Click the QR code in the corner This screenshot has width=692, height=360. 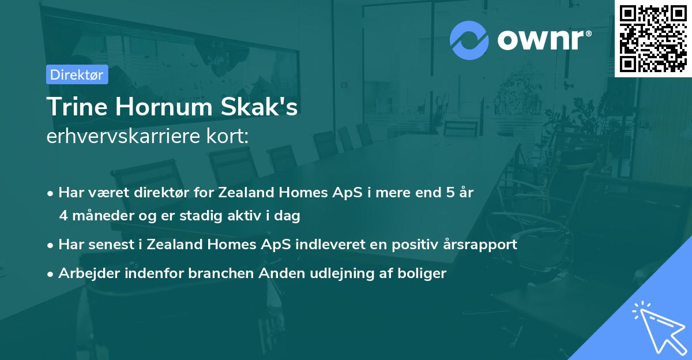tap(653, 38)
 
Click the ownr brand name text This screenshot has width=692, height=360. tap(544, 39)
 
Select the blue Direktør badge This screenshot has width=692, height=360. tap(77, 74)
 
